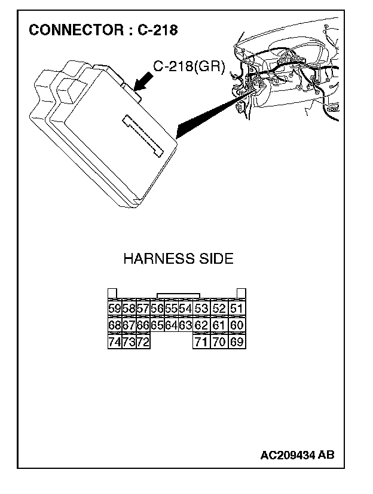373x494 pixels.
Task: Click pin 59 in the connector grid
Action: coord(114,309)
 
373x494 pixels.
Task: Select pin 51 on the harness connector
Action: coord(237,309)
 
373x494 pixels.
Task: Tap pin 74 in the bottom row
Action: coord(114,342)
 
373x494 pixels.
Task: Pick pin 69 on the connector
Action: coord(237,342)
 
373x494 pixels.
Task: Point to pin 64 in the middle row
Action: coord(171,325)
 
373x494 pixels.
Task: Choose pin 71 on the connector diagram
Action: coord(201,342)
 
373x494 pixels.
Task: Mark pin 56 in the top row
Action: coord(157,309)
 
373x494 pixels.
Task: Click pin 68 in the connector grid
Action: coord(114,325)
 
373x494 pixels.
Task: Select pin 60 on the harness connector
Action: coord(237,325)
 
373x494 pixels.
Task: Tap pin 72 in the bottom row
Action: coord(143,342)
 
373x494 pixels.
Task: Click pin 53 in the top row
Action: coord(201,309)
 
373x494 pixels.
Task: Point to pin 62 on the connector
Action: coord(201,325)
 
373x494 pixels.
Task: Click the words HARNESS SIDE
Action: coord(178,259)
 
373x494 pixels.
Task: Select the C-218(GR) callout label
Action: coord(189,67)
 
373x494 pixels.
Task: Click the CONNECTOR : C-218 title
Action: coord(103,30)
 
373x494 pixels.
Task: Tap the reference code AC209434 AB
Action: coord(297,455)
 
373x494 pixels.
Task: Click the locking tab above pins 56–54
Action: coord(178,295)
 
